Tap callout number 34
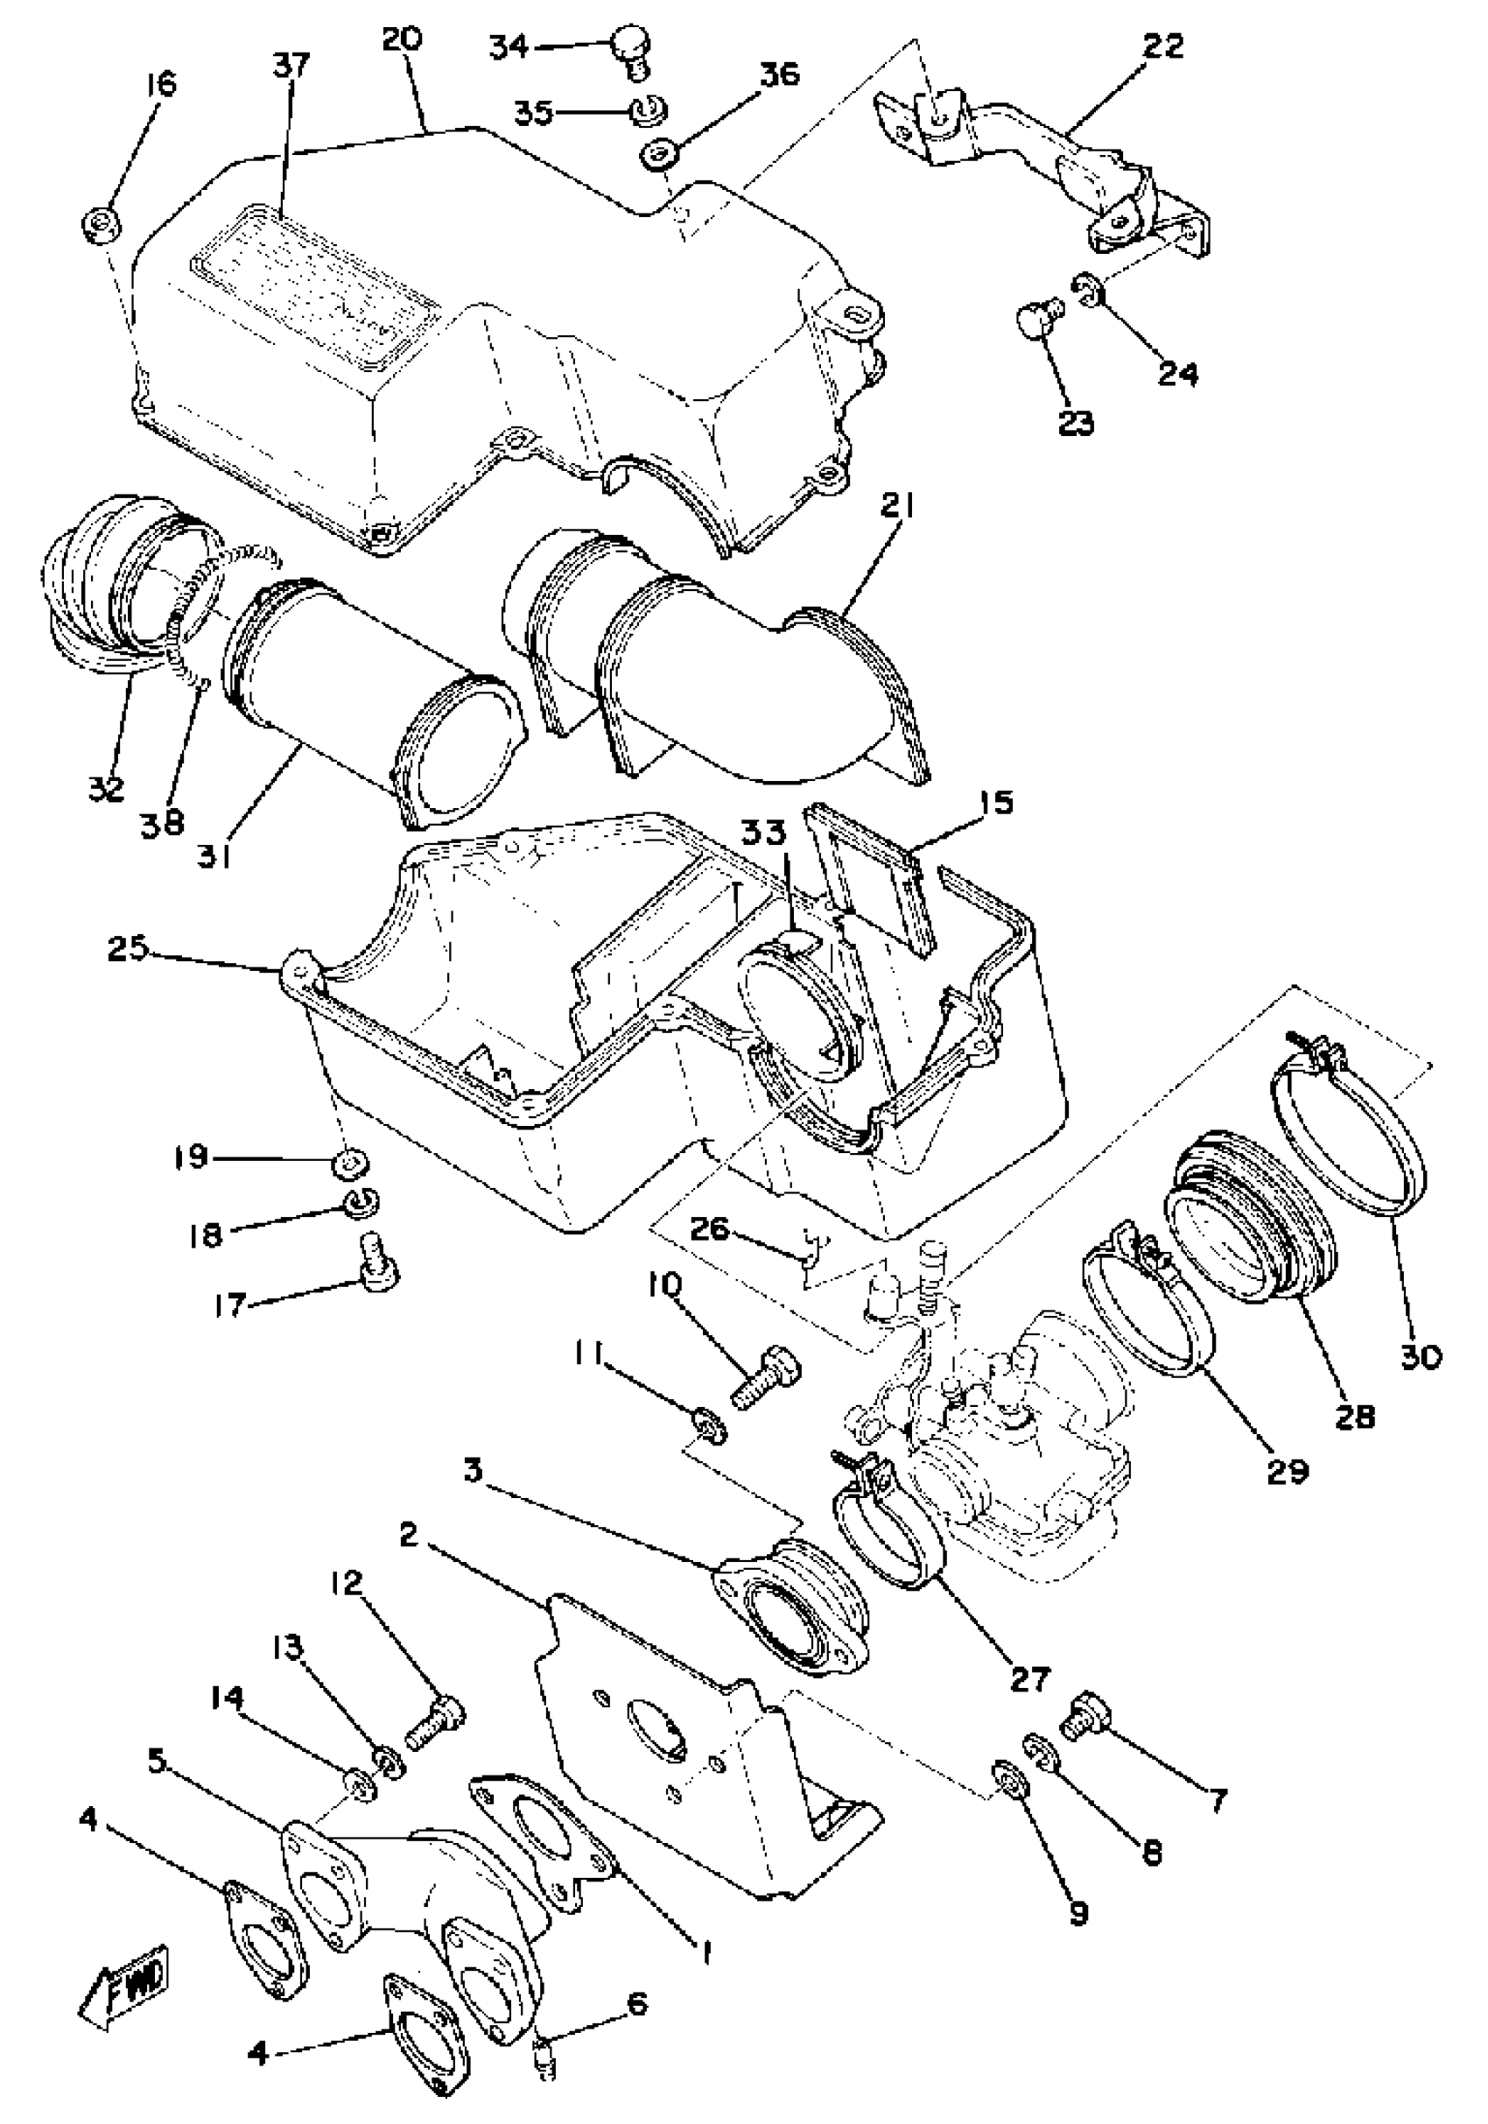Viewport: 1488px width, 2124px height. tap(508, 46)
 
